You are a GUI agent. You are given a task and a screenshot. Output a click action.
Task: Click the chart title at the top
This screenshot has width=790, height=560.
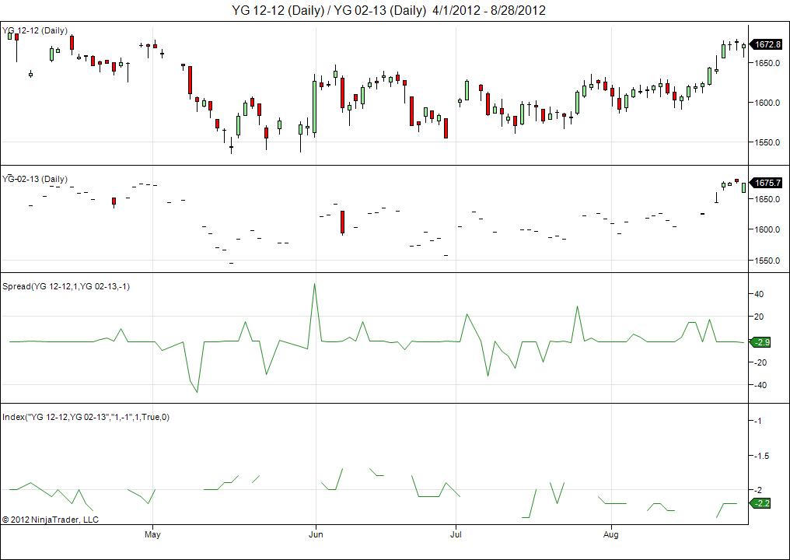pos(389,10)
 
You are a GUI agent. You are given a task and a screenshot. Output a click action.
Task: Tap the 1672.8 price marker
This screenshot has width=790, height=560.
pos(767,44)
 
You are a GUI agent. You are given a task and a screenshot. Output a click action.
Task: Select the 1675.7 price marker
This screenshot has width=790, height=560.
pos(767,183)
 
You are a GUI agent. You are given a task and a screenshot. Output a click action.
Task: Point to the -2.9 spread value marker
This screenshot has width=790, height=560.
pos(760,342)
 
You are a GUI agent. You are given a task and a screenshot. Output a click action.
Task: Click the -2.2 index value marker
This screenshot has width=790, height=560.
pos(760,503)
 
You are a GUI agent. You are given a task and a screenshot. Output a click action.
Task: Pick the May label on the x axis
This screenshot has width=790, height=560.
pos(152,534)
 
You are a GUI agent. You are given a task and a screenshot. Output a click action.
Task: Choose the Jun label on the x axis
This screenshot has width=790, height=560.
pos(316,534)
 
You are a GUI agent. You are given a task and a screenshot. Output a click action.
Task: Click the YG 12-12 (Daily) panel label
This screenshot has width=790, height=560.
pos(35,30)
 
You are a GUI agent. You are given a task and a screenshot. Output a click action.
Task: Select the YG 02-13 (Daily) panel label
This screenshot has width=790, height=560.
pos(35,179)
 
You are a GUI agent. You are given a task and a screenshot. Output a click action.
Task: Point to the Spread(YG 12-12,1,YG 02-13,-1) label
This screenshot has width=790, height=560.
pos(66,286)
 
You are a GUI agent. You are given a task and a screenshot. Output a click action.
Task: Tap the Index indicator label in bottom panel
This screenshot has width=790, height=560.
pos(86,417)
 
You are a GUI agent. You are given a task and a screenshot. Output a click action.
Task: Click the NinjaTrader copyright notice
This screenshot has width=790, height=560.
pos(51,519)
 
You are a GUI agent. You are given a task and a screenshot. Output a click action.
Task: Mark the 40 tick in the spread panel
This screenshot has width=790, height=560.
pos(759,294)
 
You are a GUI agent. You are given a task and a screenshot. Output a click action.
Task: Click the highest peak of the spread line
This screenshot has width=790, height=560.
pos(314,284)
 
